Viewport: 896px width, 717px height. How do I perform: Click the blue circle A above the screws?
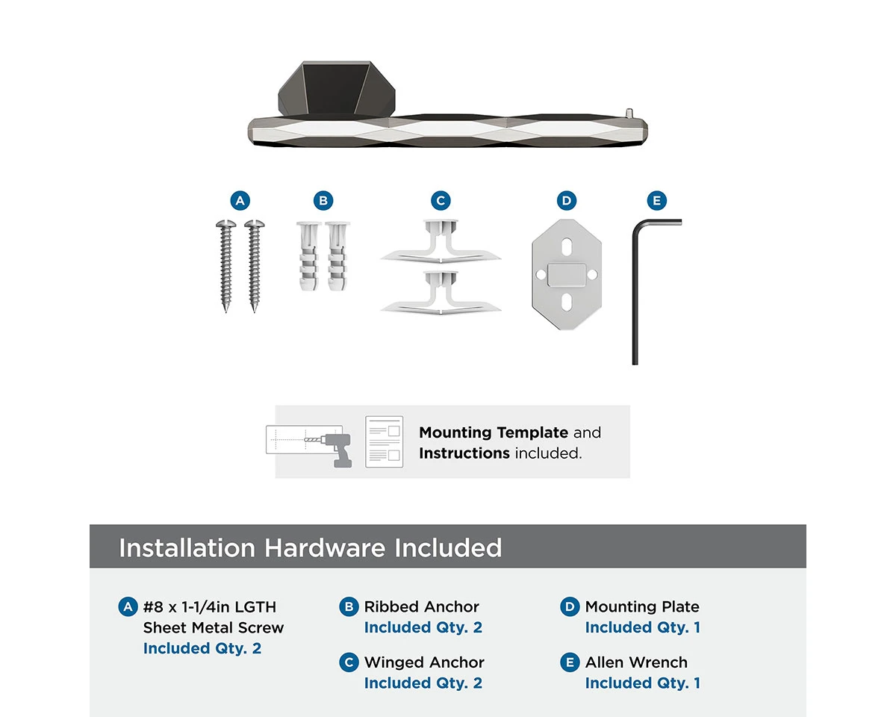point(240,201)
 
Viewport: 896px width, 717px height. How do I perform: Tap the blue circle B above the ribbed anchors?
point(323,201)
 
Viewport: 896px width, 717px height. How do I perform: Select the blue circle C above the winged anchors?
point(441,201)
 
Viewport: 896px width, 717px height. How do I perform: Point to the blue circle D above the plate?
point(567,201)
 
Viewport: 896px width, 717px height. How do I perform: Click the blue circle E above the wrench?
point(657,201)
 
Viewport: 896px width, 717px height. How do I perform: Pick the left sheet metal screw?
point(226,266)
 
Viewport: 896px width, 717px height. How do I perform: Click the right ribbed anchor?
point(337,255)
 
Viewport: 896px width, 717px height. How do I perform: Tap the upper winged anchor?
point(441,242)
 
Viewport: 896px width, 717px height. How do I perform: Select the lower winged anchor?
point(441,294)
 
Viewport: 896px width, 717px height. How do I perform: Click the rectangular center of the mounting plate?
point(567,275)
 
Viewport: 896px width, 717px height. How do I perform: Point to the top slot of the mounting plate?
point(567,246)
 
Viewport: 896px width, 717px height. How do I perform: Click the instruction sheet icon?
point(384,441)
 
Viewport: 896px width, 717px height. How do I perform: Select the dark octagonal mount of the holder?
point(337,88)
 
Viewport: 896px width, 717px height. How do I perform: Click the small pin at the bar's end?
point(629,113)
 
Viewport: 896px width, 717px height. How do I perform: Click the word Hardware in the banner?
point(325,547)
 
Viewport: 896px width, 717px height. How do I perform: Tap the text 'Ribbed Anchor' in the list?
point(421,606)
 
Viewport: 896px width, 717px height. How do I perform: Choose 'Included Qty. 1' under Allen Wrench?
point(642,683)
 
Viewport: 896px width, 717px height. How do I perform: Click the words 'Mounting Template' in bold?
point(494,432)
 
